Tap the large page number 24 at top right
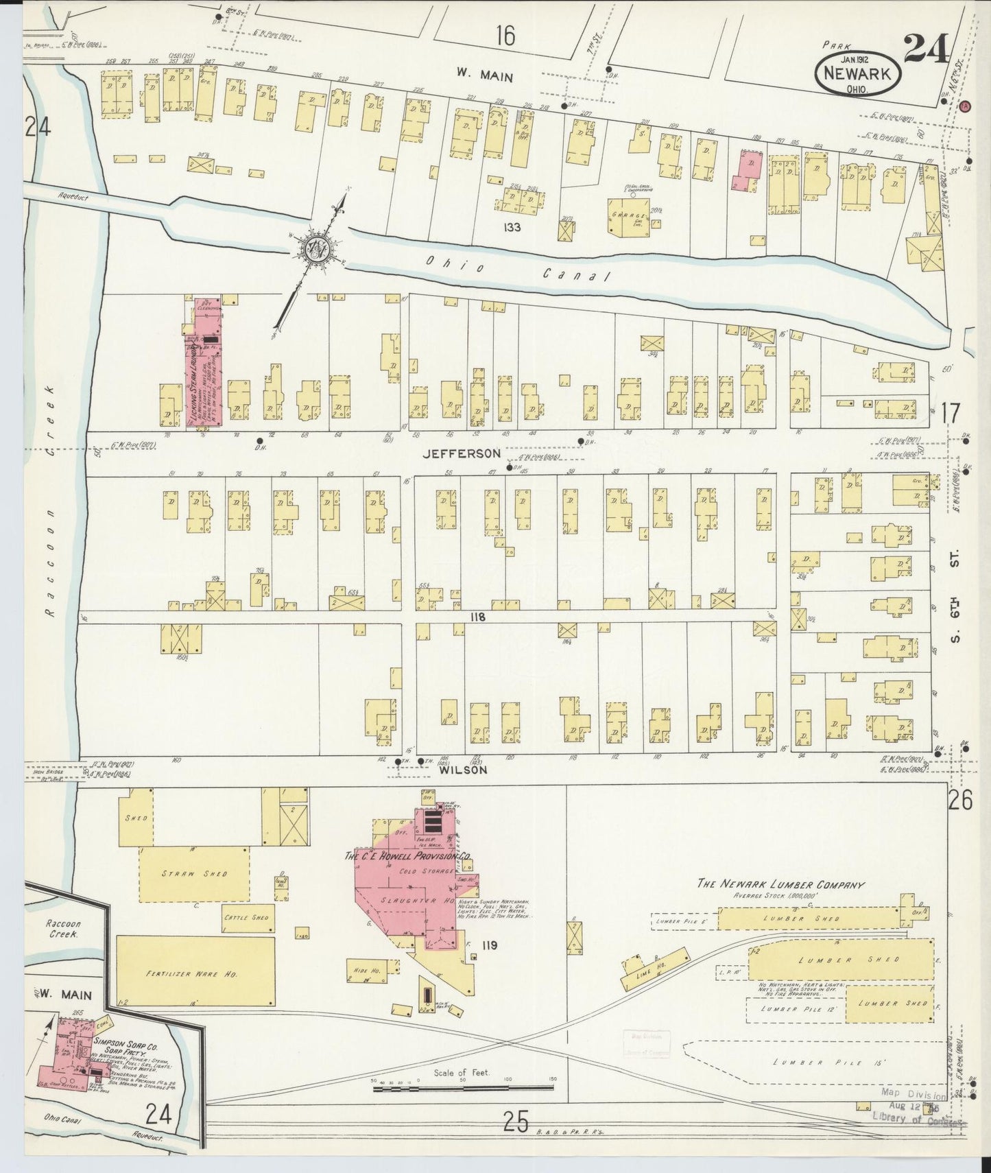pos(927,49)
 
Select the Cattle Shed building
pos(246,917)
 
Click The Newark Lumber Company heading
pos(780,884)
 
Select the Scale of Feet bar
pos(464,1088)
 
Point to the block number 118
pos(478,617)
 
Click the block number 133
pos(511,227)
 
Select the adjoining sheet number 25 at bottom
pos(516,1122)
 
